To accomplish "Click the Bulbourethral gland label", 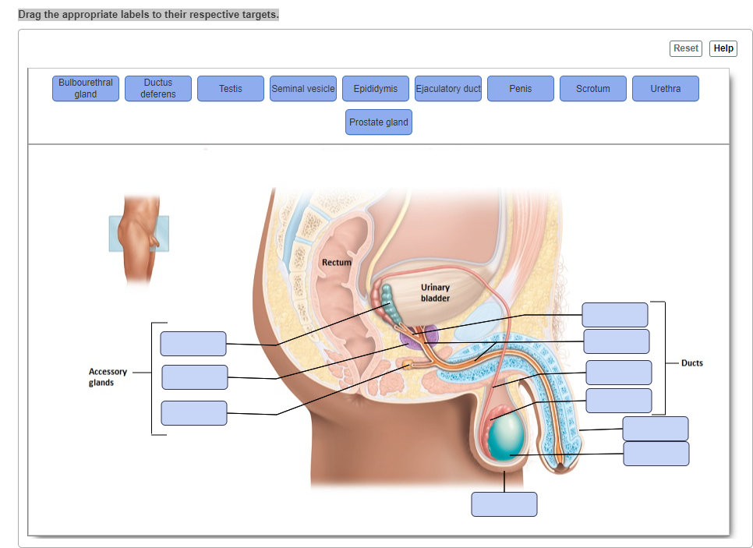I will coord(86,88).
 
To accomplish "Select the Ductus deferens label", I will coord(158,88).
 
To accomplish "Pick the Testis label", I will coord(231,89).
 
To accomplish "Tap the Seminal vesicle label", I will coord(303,89).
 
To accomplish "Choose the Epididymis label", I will coord(376,89).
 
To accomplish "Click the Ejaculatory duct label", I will coord(448,89).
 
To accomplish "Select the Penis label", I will coord(521,89).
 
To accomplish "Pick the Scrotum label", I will coord(593,89).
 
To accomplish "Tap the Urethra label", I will coord(666,89).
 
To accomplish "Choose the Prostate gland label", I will coord(379,122).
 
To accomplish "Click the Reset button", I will coord(686,48).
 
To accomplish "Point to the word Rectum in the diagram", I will coord(337,263).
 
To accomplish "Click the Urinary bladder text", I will coord(435,293).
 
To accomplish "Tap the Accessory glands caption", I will coord(108,377).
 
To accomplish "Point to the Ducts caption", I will coord(692,363).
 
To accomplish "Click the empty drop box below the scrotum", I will coord(504,504).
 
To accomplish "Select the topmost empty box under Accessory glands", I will coord(193,344).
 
